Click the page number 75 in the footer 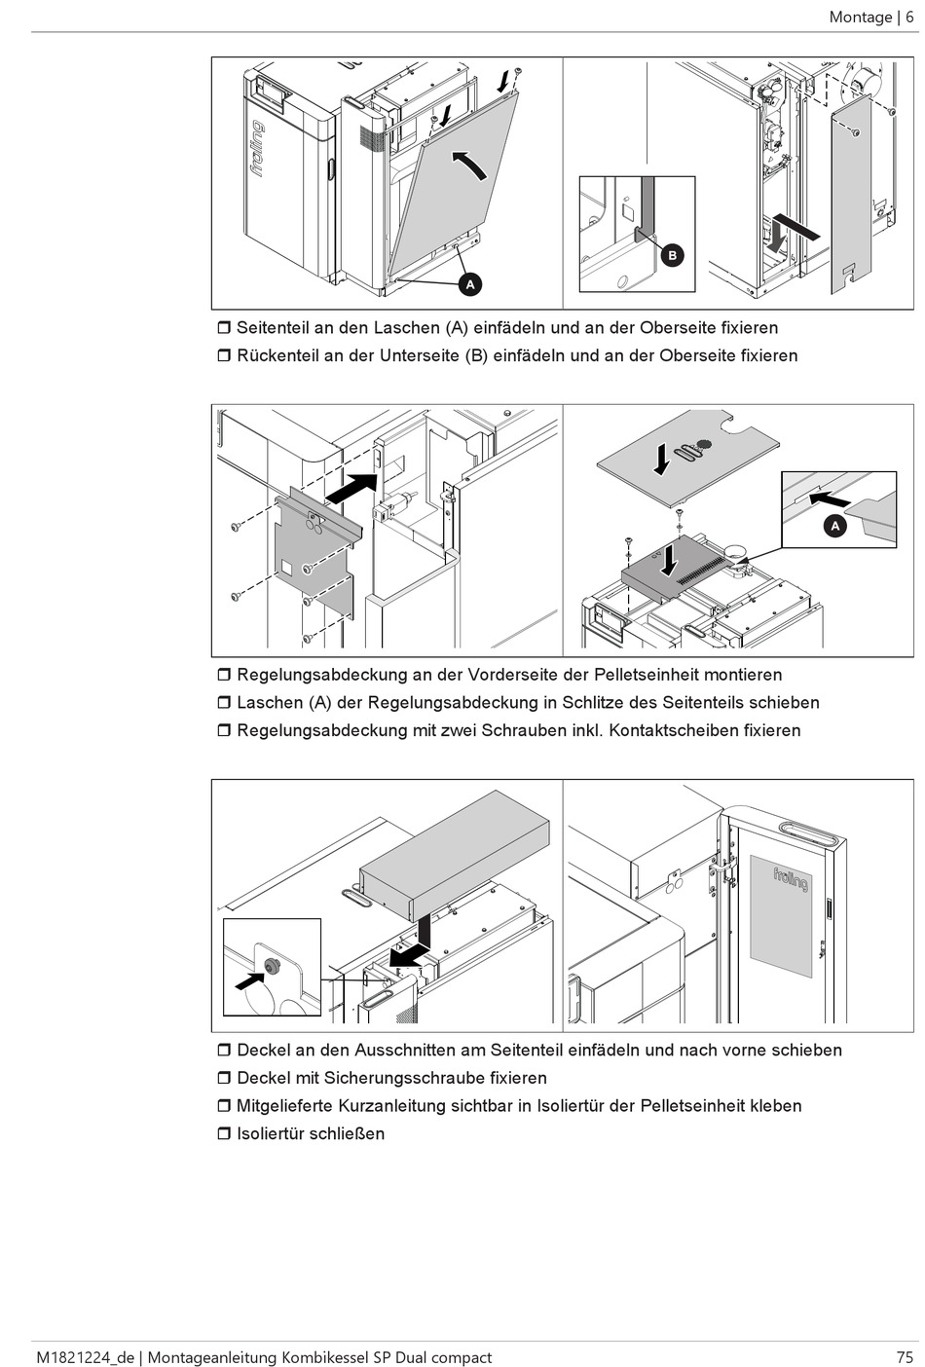click(x=905, y=1356)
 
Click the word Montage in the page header click(x=861, y=17)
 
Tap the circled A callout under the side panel click(x=470, y=284)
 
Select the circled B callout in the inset click(x=671, y=256)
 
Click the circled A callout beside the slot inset click(x=834, y=526)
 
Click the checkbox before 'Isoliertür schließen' click(x=223, y=1133)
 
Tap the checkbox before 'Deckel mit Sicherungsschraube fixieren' click(x=223, y=1078)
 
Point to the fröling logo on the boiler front click(x=258, y=148)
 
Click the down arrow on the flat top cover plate click(x=662, y=459)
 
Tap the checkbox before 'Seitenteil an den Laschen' click(x=223, y=328)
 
